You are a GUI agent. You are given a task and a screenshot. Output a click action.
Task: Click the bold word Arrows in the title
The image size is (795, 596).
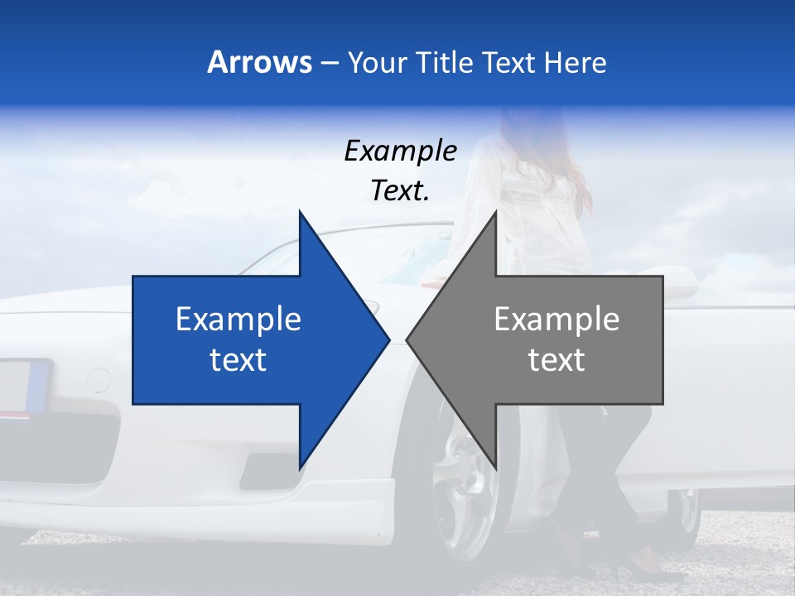click(x=259, y=62)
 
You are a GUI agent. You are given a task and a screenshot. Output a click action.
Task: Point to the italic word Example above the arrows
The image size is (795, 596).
click(x=400, y=151)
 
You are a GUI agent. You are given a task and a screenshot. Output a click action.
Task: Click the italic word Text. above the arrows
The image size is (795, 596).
click(x=400, y=191)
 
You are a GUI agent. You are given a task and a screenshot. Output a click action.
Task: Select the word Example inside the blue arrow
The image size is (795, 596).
click(x=238, y=320)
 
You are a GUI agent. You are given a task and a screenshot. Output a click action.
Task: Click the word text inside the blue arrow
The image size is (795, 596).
click(x=238, y=360)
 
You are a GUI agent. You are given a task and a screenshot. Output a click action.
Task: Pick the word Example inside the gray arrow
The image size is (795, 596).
click(x=556, y=320)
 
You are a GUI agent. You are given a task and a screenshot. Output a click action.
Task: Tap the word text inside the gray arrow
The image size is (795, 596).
click(x=556, y=360)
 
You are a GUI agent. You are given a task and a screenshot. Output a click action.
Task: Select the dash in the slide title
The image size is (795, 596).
click(x=329, y=63)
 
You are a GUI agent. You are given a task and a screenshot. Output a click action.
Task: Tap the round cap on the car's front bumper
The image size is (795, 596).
click(x=98, y=381)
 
